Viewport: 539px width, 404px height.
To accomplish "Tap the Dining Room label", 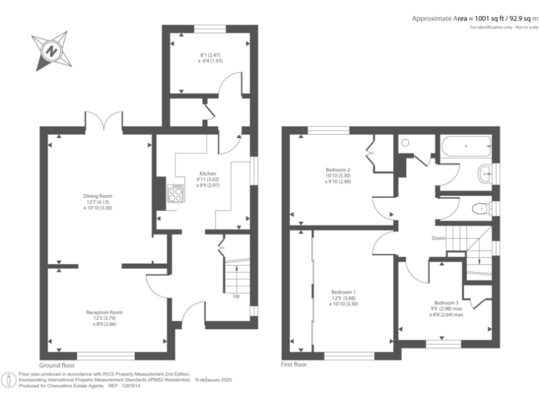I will coord(98,196).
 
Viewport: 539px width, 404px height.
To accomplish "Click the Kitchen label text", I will coord(207,173).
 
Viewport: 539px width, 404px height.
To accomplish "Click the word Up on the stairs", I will coord(236,295).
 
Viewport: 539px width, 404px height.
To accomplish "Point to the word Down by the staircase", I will coord(439,238).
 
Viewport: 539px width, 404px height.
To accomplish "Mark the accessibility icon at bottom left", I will coord(9,380).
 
